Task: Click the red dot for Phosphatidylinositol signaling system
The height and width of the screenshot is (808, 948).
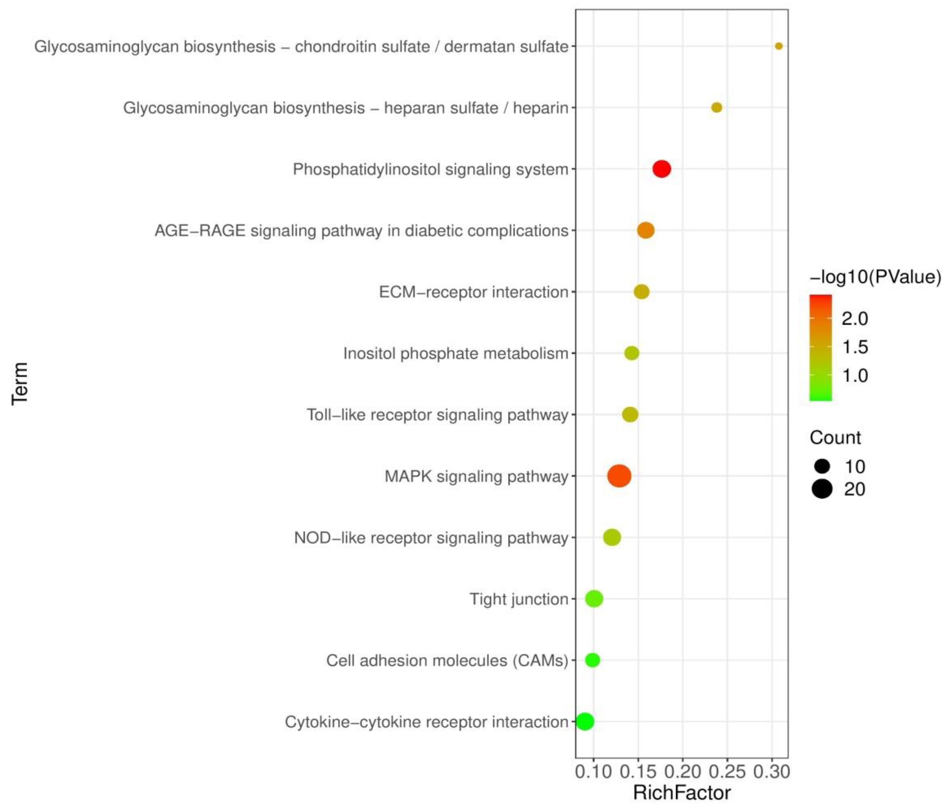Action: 662,169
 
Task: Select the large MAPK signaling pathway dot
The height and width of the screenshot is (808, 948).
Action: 619,476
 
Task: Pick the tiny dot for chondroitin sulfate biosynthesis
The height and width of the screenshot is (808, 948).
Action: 779,46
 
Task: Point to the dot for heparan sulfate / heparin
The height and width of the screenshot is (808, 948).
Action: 716,107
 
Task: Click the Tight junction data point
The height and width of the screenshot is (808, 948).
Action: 594,599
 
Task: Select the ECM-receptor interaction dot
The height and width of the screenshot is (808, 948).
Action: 642,292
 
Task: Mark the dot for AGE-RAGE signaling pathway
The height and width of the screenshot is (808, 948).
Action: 645,230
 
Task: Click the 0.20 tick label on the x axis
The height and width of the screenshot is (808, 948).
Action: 683,772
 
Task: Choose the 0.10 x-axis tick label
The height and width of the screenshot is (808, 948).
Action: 594,772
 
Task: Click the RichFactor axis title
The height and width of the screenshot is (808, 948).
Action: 682,793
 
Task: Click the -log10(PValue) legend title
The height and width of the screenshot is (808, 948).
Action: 875,277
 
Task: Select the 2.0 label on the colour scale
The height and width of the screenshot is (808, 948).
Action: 855,319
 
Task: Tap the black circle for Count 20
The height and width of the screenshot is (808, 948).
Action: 822,489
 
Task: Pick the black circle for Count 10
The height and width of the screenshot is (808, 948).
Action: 822,466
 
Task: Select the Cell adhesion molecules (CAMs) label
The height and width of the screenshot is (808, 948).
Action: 447,660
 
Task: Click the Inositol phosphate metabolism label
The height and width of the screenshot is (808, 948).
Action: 456,354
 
